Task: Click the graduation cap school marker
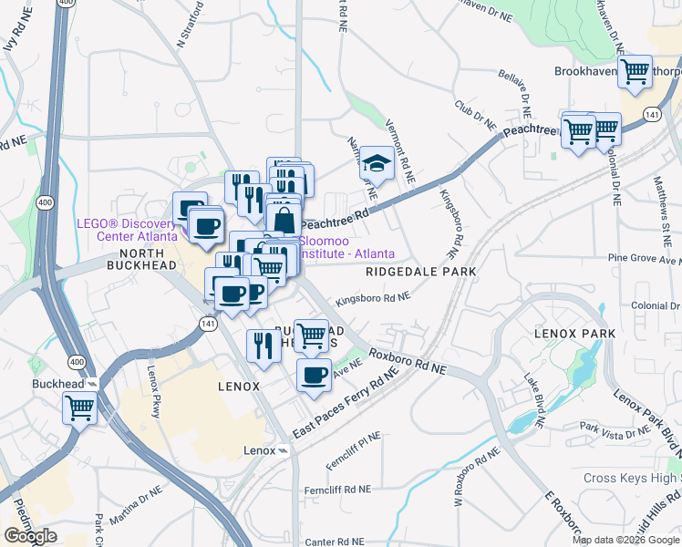coord(377,163)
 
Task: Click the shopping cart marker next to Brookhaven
coord(636,70)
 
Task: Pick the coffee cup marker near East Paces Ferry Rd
coord(315,374)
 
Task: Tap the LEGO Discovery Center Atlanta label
coord(124,231)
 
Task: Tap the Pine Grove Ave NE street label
coord(644,258)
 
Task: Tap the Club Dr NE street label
coord(475,115)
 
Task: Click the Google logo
coord(30,536)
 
